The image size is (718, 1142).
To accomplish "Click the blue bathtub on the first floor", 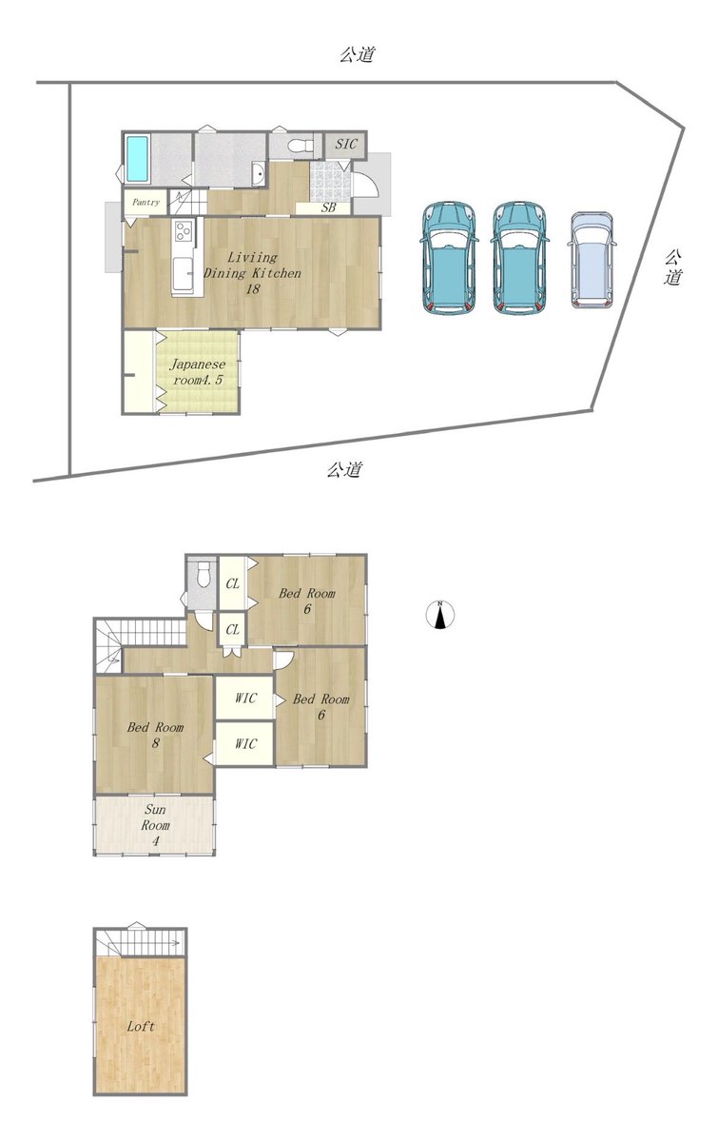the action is click(x=137, y=158).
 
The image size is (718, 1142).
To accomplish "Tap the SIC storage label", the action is click(x=346, y=144).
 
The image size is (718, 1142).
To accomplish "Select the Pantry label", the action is click(x=146, y=203).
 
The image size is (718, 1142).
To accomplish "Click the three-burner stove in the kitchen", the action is click(x=183, y=231).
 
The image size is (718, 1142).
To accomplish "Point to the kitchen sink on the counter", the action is click(x=183, y=273).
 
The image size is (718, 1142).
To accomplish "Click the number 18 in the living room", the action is click(x=253, y=289).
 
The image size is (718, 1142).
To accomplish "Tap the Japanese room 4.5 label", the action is click(x=198, y=372).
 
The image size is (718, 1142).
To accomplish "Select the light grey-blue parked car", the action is click(x=592, y=260).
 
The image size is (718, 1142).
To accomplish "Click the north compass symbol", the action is click(x=440, y=614).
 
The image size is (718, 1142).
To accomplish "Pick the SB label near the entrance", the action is click(x=329, y=208).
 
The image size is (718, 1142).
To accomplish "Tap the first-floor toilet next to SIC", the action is click(x=301, y=146).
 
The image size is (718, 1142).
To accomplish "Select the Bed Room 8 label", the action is click(x=155, y=735).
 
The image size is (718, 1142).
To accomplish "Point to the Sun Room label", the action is click(x=155, y=824).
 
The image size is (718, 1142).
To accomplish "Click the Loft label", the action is click(x=141, y=1026).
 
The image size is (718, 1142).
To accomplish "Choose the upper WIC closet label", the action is click(x=245, y=698).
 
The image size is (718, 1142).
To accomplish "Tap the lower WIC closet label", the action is click(x=245, y=744).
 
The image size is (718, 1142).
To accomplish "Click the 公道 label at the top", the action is click(x=358, y=54).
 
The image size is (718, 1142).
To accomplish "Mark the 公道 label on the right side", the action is click(x=673, y=266).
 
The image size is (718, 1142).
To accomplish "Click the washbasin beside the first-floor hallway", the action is click(x=259, y=173).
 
